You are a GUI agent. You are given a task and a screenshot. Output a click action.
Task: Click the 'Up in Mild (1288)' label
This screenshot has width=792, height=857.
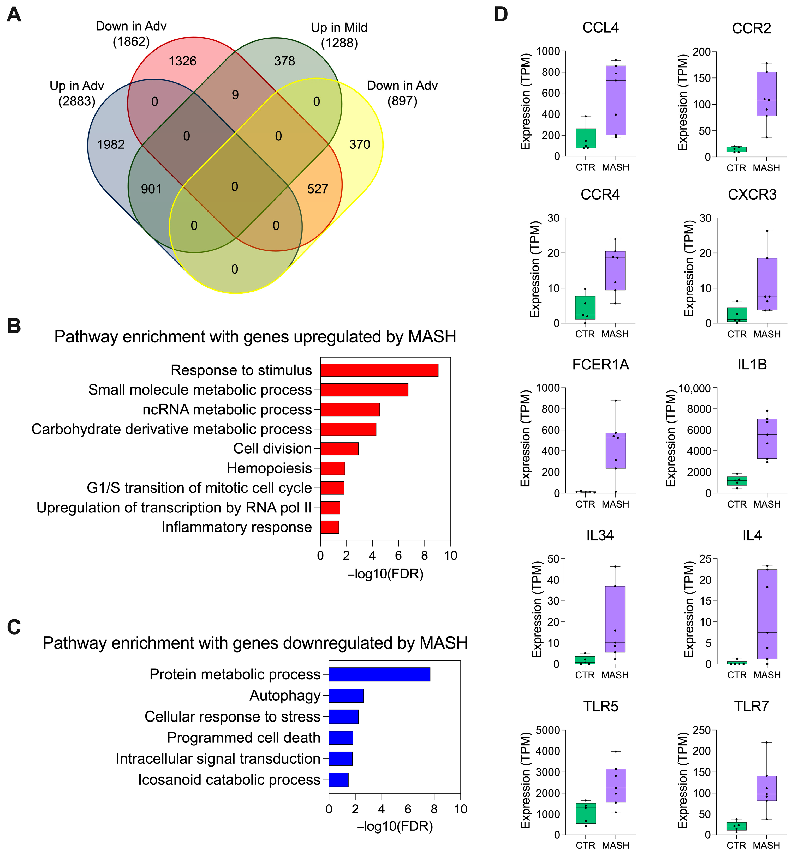[x=339, y=35]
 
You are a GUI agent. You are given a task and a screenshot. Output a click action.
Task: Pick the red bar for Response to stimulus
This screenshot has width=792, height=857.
[x=379, y=370]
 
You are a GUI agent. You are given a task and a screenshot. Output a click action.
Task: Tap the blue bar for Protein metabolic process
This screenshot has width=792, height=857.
[x=379, y=674]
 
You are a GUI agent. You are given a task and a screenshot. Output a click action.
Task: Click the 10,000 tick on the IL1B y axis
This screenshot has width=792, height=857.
[x=694, y=388]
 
